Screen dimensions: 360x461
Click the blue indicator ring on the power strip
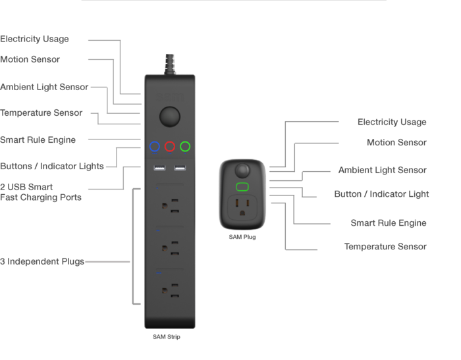click(154, 147)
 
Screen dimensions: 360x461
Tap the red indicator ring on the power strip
click(169, 147)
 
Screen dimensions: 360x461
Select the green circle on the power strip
click(185, 147)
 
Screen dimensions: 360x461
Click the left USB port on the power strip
click(159, 170)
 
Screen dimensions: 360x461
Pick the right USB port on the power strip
click(179, 170)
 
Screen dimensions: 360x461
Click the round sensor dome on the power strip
click(169, 117)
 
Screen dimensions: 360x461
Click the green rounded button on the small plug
click(242, 187)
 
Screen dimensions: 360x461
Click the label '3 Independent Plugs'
click(43, 262)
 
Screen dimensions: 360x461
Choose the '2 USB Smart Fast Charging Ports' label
click(41, 192)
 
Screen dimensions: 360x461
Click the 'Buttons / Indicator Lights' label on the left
click(52, 166)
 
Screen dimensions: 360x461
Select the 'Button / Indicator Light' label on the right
click(382, 193)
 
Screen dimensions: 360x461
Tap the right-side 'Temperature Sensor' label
click(385, 247)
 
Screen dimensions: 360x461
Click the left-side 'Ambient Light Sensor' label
click(44, 87)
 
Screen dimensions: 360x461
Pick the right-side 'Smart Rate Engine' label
click(388, 223)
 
